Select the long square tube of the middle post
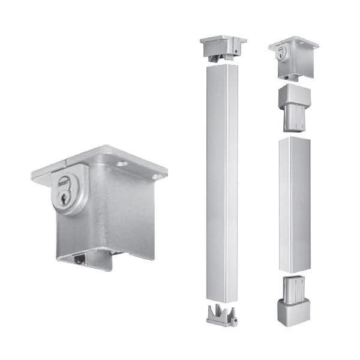click(223, 180)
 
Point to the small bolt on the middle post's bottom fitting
click(235, 322)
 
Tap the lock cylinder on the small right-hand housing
click(280, 55)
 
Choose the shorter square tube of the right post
click(293, 204)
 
